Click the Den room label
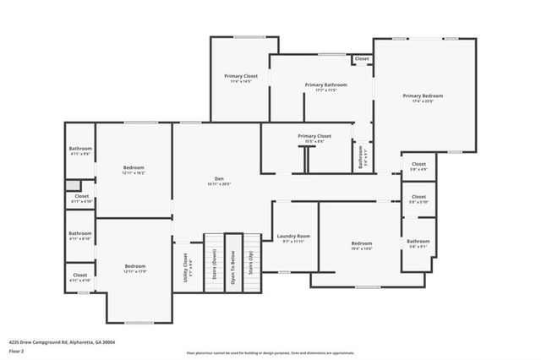(219, 180)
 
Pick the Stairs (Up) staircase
(251, 263)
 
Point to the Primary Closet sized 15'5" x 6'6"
(314, 138)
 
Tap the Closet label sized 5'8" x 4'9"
(418, 166)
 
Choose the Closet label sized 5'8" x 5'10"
(418, 199)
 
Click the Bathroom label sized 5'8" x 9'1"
(418, 243)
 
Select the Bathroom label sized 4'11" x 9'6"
(80, 151)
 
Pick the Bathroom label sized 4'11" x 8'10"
(80, 236)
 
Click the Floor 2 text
(16, 350)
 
